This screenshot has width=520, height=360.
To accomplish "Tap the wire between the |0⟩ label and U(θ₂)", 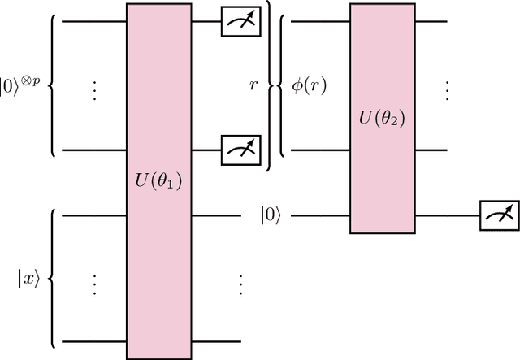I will click(x=320, y=215).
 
